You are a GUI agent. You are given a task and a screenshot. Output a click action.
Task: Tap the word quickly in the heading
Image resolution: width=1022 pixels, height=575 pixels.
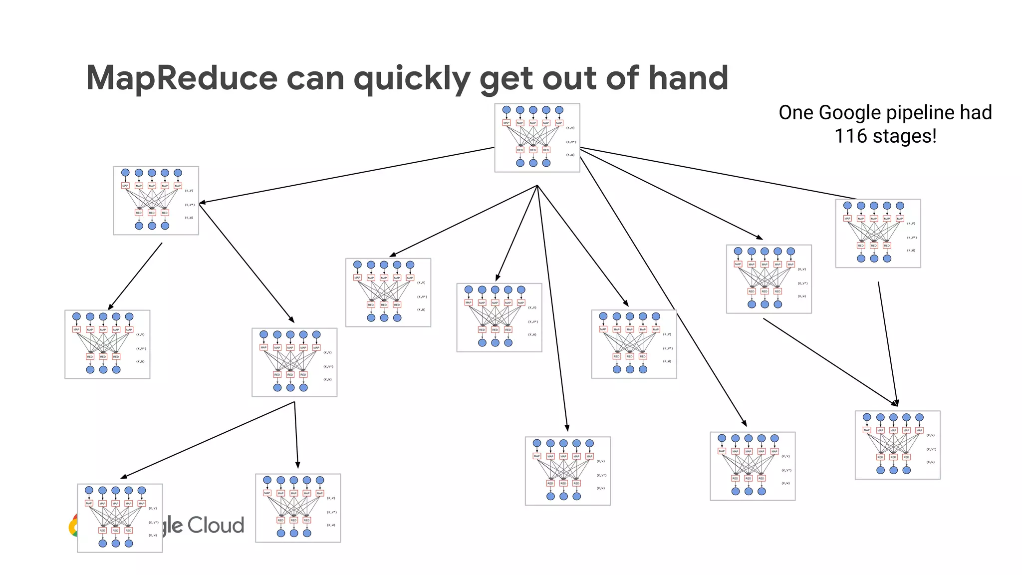pyautogui.click(x=412, y=79)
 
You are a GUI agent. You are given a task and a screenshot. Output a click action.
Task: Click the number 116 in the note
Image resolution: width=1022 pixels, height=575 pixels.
pyautogui.click(x=851, y=136)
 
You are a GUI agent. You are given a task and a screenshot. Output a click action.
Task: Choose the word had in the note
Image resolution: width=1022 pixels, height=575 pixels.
pyautogui.click(x=976, y=113)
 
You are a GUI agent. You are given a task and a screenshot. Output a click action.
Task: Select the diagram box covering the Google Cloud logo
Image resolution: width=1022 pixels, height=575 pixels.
pyautogui.click(x=120, y=518)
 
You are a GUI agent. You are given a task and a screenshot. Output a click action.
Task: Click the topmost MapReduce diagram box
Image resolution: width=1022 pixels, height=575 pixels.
pyautogui.click(x=537, y=138)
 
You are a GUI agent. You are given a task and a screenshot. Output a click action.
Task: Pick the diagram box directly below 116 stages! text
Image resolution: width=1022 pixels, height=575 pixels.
pyautogui.click(x=878, y=233)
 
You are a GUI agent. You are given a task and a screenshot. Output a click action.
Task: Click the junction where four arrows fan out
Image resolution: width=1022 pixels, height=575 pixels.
pyautogui.click(x=537, y=186)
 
